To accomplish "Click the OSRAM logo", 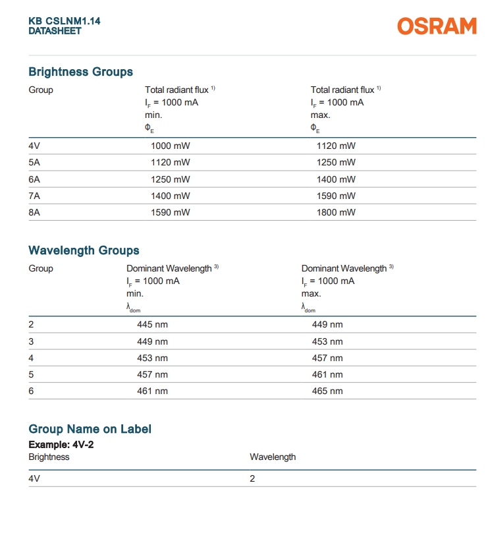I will [x=436, y=26].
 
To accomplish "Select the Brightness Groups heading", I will [x=80, y=72].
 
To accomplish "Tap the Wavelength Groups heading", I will [x=84, y=250].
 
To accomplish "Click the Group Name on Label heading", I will [x=90, y=429].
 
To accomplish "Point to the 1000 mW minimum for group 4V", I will [x=170, y=146].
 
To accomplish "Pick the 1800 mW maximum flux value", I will [x=336, y=212].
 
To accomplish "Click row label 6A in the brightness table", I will [x=35, y=179].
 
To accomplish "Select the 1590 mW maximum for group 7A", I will [x=336, y=196].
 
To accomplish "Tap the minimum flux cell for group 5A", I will [x=170, y=163].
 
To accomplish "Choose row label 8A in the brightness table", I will [x=35, y=212].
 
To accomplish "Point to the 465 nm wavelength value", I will [x=327, y=391].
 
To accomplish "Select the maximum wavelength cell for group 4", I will [x=327, y=358].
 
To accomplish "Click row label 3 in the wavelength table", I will [x=31, y=341].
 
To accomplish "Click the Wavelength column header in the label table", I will [x=273, y=457].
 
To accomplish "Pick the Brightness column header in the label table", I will [x=49, y=457].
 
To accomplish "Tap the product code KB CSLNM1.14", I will [x=65, y=21].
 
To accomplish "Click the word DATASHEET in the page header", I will [x=55, y=31].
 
